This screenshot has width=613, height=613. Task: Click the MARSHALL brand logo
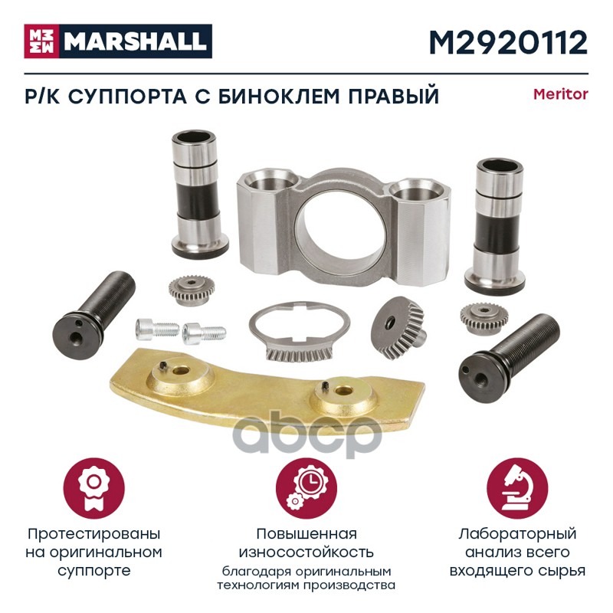118,41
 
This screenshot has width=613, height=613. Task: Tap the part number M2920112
508,42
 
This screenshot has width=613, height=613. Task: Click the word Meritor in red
561,94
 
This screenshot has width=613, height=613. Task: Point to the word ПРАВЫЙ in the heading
394,97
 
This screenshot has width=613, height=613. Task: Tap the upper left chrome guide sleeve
199,195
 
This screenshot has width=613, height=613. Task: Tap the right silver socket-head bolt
204,333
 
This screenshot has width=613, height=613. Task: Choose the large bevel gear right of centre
398,327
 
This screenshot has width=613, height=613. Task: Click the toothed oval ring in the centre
300,331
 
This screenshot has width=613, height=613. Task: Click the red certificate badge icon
93,489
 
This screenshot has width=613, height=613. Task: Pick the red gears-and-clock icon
306,489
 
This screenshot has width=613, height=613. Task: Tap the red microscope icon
517,489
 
